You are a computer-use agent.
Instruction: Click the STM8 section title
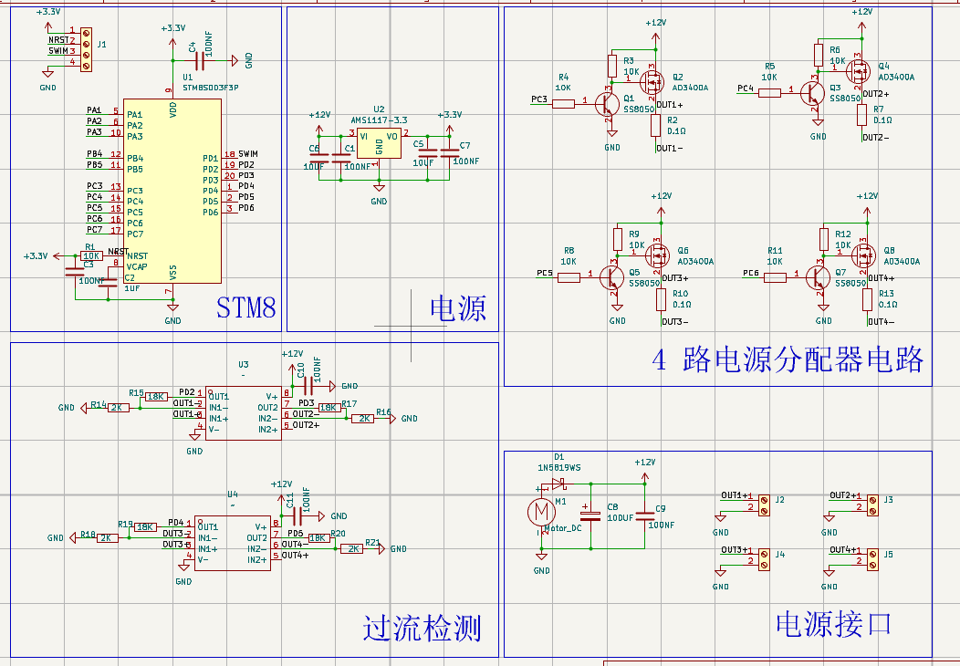click(245, 307)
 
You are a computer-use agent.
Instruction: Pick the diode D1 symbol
click(558, 484)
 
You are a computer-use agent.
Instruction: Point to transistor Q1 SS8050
click(608, 103)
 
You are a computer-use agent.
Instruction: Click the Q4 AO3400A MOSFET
click(859, 70)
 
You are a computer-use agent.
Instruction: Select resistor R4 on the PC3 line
click(563, 103)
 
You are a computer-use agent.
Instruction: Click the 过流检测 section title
click(422, 628)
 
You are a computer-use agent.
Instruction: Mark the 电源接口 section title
click(832, 624)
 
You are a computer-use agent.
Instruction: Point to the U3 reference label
click(243, 364)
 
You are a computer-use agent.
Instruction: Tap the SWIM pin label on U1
click(247, 153)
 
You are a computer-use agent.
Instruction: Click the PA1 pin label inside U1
click(134, 114)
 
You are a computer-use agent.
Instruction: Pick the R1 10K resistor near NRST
click(91, 256)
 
